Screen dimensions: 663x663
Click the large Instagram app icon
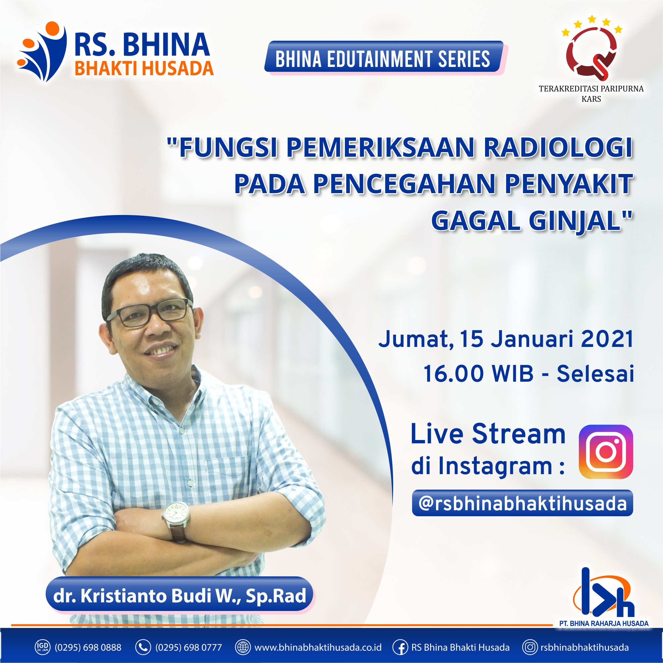(x=606, y=452)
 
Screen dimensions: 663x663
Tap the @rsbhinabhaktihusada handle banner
(x=522, y=503)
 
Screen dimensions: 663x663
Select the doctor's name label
(x=180, y=595)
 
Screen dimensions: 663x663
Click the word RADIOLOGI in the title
(x=558, y=147)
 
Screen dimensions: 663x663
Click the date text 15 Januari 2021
(x=546, y=339)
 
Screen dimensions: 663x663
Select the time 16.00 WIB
(x=478, y=374)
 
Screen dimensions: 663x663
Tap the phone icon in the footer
(x=143, y=647)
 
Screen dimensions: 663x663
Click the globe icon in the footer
(x=243, y=647)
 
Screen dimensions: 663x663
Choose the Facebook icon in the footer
(x=400, y=647)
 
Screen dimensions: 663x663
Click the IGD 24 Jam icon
(x=42, y=647)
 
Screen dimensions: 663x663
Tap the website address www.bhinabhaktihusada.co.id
(x=318, y=647)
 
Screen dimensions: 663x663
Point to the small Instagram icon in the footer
(x=530, y=647)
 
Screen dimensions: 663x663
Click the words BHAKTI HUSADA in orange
(x=144, y=68)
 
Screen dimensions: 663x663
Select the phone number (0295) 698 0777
(x=189, y=647)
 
